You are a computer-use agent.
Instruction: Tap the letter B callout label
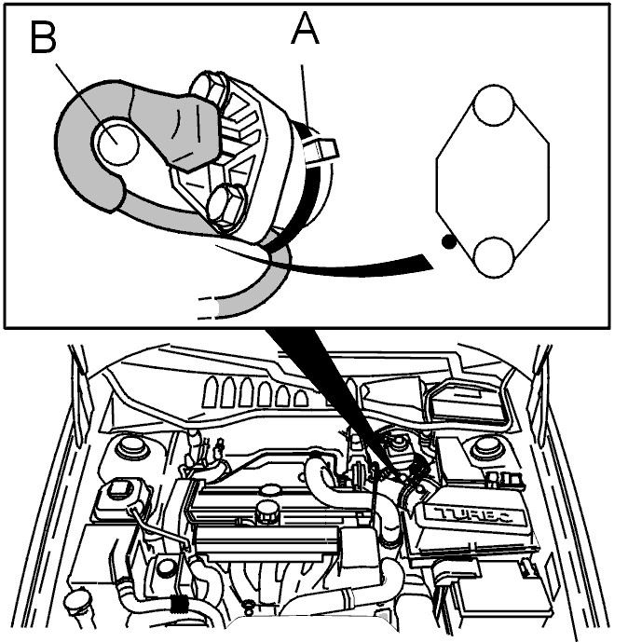pyautogui.click(x=43, y=37)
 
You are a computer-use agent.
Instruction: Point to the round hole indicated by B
pyautogui.click(x=117, y=143)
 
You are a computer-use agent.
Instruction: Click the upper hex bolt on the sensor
pyautogui.click(x=211, y=88)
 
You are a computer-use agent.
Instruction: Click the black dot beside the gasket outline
pyautogui.click(x=449, y=242)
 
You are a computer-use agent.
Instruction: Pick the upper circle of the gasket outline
pyautogui.click(x=493, y=104)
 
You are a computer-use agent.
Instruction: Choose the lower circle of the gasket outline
pyautogui.click(x=493, y=257)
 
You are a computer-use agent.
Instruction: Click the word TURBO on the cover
pyautogui.click(x=474, y=516)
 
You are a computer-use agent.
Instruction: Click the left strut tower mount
pyautogui.click(x=131, y=447)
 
